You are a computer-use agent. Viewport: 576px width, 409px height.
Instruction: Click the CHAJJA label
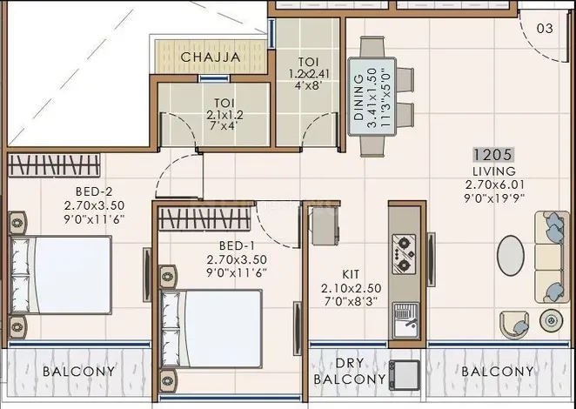tap(211, 57)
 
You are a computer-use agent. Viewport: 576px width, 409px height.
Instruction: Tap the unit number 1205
tap(493, 155)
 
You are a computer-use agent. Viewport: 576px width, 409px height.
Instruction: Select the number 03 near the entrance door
tap(545, 29)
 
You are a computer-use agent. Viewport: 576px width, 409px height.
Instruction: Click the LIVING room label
tap(494, 171)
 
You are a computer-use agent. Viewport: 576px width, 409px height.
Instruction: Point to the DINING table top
tap(372, 97)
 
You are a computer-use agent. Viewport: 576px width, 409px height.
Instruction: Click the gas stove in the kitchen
tap(404, 254)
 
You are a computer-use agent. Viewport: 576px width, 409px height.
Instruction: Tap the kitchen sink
tap(405, 320)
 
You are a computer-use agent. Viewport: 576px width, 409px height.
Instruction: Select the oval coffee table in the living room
tap(511, 255)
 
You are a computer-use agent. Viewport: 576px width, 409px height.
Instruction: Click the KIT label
tap(351, 274)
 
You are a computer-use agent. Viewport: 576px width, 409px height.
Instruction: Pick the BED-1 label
tap(237, 245)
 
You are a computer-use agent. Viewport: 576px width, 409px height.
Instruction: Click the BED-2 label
tap(94, 191)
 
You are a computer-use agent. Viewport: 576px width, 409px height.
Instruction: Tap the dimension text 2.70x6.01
tap(494, 184)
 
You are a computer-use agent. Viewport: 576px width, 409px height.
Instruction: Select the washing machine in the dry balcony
tap(405, 375)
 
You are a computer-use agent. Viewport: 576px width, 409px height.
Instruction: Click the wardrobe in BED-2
tap(54, 164)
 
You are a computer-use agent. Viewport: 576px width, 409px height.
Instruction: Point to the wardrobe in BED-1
tap(204, 219)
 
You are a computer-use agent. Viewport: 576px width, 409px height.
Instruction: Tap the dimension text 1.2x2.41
tap(309, 74)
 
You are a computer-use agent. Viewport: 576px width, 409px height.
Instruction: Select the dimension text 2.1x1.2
tap(224, 115)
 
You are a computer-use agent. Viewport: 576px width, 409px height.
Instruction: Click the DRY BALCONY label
tap(350, 372)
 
